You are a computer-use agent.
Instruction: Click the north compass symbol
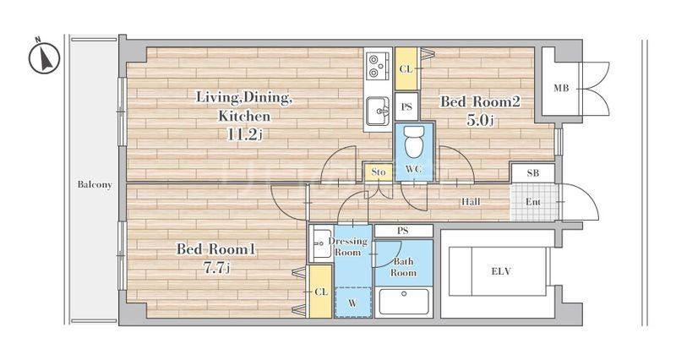pyautogui.click(x=44, y=57)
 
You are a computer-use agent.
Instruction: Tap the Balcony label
pyautogui.click(x=95, y=184)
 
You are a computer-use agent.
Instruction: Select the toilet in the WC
pyautogui.click(x=414, y=142)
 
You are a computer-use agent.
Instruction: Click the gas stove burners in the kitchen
pyautogui.click(x=378, y=65)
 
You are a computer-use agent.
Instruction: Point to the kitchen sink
pyautogui.click(x=378, y=111)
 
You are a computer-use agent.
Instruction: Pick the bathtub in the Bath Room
pyautogui.click(x=404, y=302)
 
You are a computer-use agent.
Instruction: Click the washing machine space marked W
pyautogui.click(x=353, y=303)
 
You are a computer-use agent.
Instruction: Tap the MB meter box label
pyautogui.click(x=561, y=89)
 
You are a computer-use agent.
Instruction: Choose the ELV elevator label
pyautogui.click(x=501, y=271)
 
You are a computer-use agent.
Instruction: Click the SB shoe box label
pyautogui.click(x=533, y=173)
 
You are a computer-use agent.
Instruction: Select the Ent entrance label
pyautogui.click(x=533, y=202)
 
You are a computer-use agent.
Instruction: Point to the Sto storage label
pyautogui.click(x=378, y=172)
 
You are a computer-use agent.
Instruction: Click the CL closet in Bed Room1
pyautogui.click(x=321, y=292)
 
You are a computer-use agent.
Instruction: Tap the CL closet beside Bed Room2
pyautogui.click(x=406, y=69)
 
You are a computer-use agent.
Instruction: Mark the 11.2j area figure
pyautogui.click(x=244, y=135)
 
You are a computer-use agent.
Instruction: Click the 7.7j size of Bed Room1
pyautogui.click(x=216, y=268)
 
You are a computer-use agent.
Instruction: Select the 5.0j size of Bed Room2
pyautogui.click(x=479, y=120)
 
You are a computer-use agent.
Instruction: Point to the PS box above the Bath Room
pyautogui.click(x=403, y=231)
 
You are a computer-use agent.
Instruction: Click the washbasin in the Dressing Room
pyautogui.click(x=320, y=244)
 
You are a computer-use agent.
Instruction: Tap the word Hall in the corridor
pyautogui.click(x=471, y=201)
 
